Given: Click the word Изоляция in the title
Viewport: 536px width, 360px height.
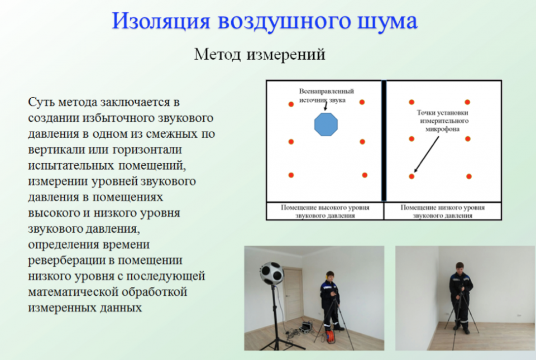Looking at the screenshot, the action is (x=161, y=21).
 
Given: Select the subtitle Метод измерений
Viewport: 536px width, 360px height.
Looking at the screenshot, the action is (x=260, y=55).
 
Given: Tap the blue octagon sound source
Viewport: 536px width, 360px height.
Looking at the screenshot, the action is (x=326, y=124).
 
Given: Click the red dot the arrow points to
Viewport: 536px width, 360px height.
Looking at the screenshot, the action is (x=411, y=176).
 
